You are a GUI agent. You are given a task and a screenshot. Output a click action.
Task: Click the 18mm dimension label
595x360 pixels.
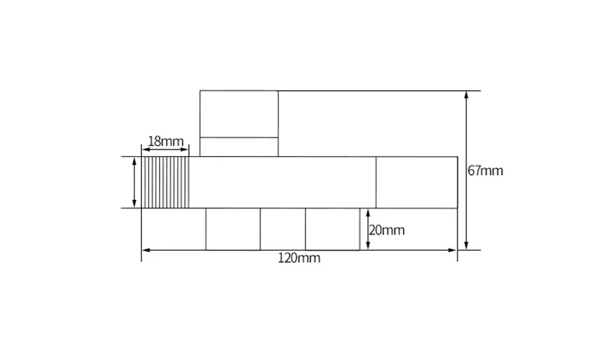pyautogui.click(x=165, y=141)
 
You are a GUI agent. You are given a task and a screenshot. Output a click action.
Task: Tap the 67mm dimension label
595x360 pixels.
pyautogui.click(x=486, y=171)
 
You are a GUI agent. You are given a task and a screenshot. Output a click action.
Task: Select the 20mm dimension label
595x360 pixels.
pyautogui.click(x=387, y=231)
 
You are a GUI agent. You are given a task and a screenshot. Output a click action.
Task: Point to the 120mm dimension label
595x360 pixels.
pyautogui.click(x=299, y=258)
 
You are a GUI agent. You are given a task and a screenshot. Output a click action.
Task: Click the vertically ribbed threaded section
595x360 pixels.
pyautogui.click(x=165, y=182)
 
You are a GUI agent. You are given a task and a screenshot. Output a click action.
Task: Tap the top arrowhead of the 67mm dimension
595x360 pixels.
pyautogui.click(x=466, y=95)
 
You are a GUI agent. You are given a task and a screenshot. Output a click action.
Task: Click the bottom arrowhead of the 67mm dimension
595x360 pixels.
pyautogui.click(x=466, y=245)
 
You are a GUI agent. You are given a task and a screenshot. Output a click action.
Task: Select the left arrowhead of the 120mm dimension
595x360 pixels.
pyautogui.click(x=146, y=250)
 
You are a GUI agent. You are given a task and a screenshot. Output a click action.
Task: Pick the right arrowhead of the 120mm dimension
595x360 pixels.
pyautogui.click(x=452, y=250)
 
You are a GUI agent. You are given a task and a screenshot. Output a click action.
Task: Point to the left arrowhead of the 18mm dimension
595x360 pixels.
pyautogui.click(x=145, y=150)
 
